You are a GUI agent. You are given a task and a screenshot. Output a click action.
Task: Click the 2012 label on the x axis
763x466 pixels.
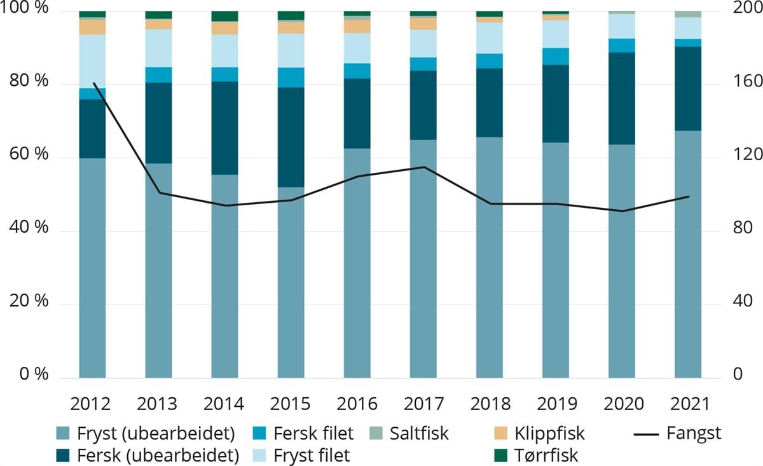pos(92,404)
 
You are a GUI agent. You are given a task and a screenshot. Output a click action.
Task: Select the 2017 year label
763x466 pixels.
pos(423,404)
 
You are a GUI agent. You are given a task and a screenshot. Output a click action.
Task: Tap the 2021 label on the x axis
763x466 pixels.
pos(687,404)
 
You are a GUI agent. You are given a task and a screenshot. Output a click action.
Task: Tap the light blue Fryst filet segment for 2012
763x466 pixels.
pos(92,62)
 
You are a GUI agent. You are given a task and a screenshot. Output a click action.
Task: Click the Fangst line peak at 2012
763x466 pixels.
pos(93,83)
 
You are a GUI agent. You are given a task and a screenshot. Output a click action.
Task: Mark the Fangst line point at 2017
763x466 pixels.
pos(423,167)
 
